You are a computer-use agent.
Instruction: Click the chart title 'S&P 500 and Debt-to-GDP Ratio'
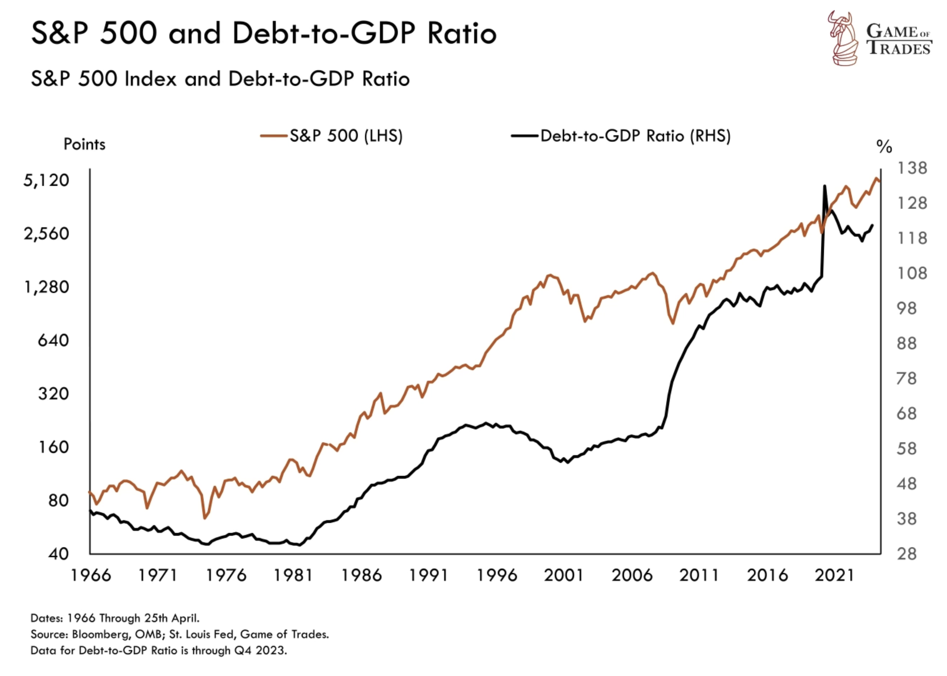coord(264,33)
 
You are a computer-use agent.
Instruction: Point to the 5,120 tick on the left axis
coord(46,180)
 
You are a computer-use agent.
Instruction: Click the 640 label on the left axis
coord(53,340)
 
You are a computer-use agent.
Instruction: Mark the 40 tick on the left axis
coord(58,554)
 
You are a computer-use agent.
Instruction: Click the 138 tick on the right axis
coord(912,168)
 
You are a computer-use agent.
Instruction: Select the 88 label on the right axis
coord(907,344)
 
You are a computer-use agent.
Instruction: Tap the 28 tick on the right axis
coord(907,554)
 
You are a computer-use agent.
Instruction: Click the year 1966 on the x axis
coord(90,576)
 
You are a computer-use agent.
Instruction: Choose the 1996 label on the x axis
coord(496,576)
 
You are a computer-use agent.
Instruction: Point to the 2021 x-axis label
coord(835,576)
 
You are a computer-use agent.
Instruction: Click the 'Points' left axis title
coord(84,144)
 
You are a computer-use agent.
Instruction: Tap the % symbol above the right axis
coord(884,147)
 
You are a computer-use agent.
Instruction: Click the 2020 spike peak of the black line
coord(824,186)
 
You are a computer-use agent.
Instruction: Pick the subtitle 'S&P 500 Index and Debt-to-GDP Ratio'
coord(220,79)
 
